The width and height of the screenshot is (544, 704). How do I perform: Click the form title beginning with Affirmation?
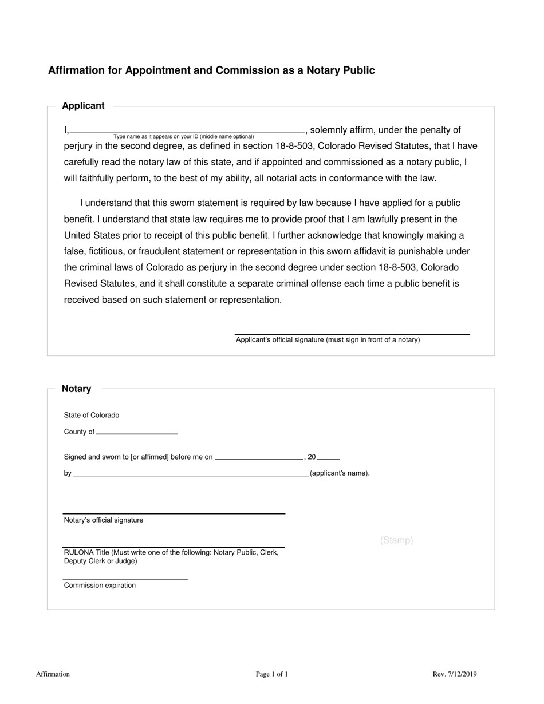click(211, 70)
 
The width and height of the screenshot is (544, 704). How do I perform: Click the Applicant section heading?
click(83, 106)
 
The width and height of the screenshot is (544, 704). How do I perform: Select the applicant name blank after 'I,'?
click(187, 130)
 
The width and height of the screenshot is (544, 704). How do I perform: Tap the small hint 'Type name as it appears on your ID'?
click(183, 137)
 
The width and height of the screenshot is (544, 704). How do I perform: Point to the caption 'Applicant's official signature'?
click(328, 340)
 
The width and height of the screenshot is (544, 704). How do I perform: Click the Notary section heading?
click(76, 389)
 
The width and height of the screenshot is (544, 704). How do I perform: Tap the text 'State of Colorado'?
click(92, 415)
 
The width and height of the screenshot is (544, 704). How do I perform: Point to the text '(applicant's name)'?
click(340, 473)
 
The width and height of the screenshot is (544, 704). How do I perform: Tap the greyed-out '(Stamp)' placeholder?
click(396, 540)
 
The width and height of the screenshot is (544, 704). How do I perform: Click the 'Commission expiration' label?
click(100, 586)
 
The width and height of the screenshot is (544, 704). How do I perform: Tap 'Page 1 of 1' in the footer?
click(272, 674)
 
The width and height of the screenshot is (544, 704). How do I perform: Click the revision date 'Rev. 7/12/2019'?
click(455, 674)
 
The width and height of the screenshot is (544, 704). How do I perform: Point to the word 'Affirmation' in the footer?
click(53, 674)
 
